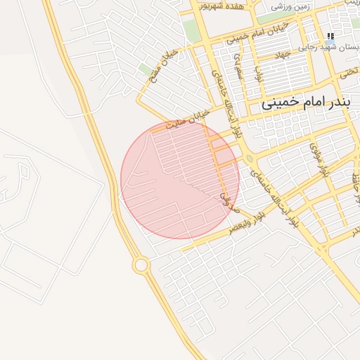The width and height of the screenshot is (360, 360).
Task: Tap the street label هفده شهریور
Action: pos(222,6)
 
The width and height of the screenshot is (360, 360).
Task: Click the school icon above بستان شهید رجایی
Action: pos(330,36)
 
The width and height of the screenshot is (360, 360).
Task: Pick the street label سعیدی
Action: pos(240,67)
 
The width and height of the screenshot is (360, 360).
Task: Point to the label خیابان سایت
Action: pos(188,120)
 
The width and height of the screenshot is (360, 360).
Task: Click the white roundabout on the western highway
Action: pos(141,265)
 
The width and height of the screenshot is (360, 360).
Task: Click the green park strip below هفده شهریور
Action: pos(191,28)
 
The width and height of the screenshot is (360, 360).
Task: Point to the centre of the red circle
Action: pos(180,180)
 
